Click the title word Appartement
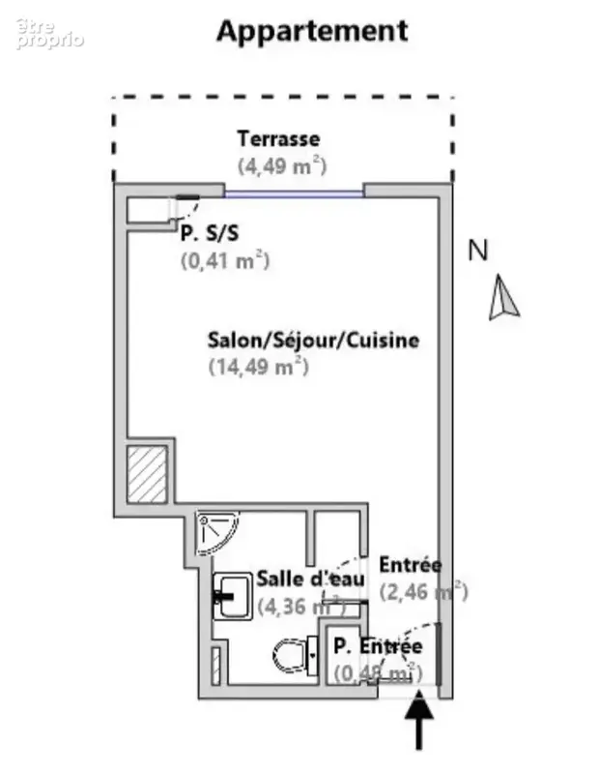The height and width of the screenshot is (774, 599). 312,32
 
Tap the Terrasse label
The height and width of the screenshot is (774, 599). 278,138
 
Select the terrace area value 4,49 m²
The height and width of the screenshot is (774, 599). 282,165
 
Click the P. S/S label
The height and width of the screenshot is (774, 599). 210,233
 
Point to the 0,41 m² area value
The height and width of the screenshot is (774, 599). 225,260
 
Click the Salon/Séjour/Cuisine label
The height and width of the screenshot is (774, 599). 314,341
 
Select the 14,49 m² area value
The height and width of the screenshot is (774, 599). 259,367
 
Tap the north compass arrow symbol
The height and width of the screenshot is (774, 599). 502,297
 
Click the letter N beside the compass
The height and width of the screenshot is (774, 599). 477,251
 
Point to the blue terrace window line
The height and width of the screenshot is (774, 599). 295,194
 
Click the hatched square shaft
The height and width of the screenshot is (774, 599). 147,474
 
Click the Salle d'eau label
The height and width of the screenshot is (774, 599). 311,579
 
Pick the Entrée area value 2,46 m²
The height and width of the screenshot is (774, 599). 423,591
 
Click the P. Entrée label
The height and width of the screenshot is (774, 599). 378,645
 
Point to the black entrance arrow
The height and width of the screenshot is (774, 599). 418,720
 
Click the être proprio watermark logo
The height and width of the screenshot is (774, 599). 49,34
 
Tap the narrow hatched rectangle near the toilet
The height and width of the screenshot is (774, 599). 216,666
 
